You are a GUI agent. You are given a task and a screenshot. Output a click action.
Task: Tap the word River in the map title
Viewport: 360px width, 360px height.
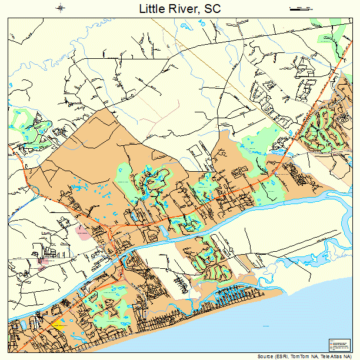click(x=183, y=9)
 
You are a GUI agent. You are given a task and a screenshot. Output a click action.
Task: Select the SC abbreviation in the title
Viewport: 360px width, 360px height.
click(x=212, y=9)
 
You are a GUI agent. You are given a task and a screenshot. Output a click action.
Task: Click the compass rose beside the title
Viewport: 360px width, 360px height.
click(x=61, y=8)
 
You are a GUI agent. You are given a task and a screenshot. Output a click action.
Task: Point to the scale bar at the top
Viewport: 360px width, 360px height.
click(x=300, y=8)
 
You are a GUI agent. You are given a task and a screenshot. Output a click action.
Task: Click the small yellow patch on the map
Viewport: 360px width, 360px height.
click(x=58, y=324)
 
